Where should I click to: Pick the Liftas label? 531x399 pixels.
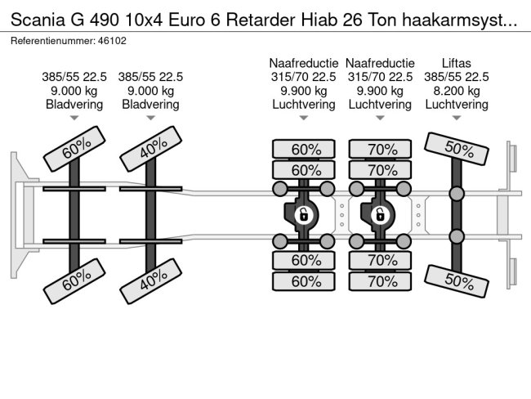[x=456, y=63]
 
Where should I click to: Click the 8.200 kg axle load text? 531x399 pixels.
[x=456, y=91]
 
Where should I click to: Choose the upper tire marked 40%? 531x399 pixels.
[x=150, y=150]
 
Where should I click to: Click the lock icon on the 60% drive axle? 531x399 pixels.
[x=303, y=215]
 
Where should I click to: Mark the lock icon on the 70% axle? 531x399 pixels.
[x=380, y=215]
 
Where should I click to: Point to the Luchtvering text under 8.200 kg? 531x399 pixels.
[x=456, y=105]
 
